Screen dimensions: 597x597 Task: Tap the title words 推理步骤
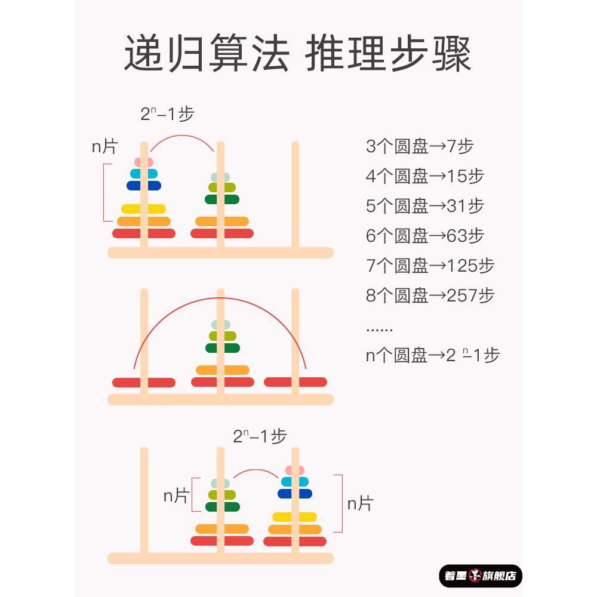389,54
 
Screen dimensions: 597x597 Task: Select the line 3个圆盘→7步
420,146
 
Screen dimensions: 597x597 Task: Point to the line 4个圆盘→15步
424,176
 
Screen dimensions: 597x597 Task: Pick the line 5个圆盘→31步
424,206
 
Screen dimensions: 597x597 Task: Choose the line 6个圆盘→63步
424,236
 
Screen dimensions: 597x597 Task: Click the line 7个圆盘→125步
430,266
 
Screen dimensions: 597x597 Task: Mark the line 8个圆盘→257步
430,296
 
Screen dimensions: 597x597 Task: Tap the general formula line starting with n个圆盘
432,355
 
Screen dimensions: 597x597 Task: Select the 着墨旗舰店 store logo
481,576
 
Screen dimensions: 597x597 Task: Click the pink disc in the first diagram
144,162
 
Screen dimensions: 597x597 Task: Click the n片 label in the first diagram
104,147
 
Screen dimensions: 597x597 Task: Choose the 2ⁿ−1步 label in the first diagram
167,113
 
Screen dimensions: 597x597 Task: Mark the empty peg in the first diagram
295,197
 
